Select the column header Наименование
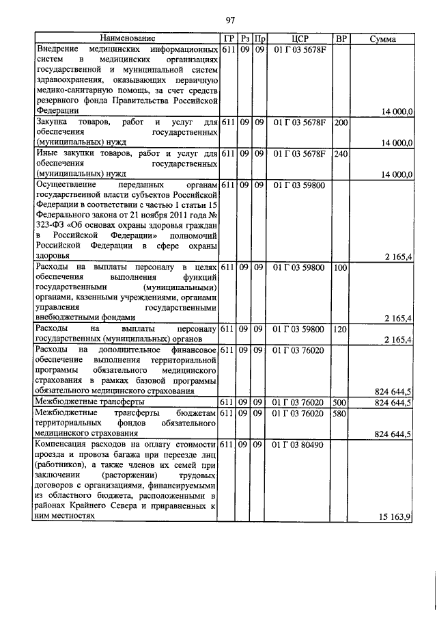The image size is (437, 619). pos(127,39)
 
